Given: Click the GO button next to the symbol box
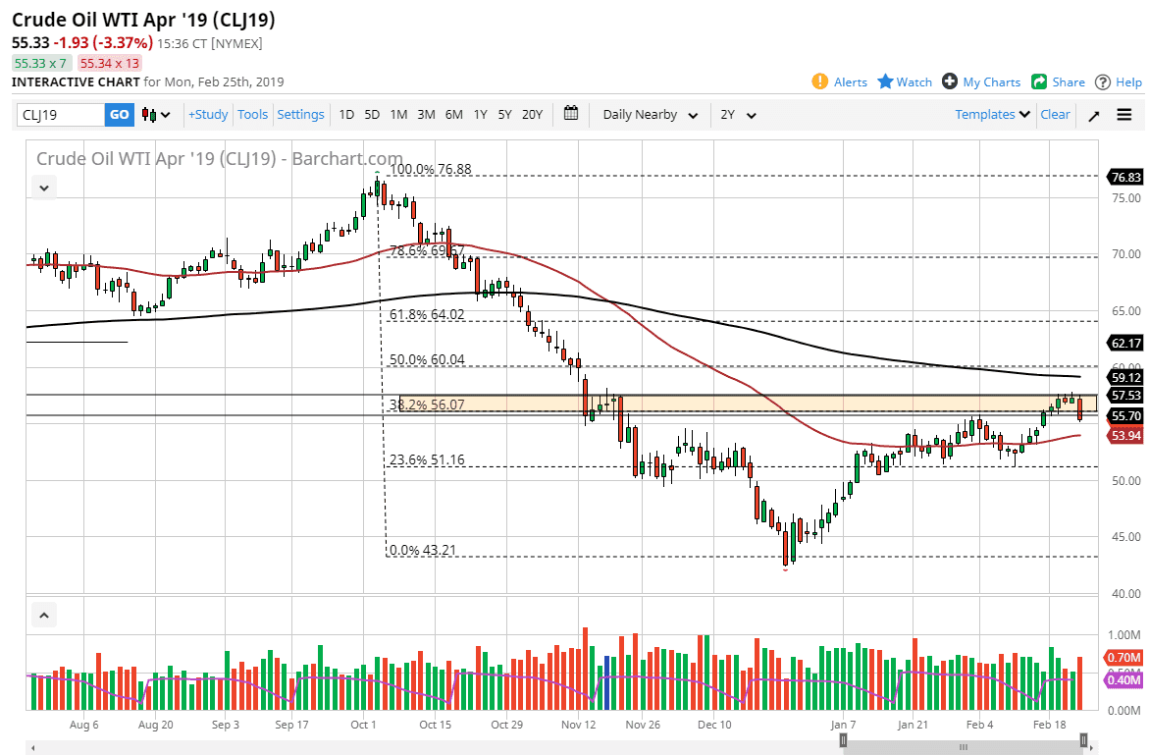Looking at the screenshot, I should pyautogui.click(x=119, y=115).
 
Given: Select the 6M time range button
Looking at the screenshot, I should pyautogui.click(x=453, y=115).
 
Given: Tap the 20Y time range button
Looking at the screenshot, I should pyautogui.click(x=532, y=115).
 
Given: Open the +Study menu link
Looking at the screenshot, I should pyautogui.click(x=208, y=115).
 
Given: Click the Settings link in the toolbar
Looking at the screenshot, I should pyautogui.click(x=300, y=115).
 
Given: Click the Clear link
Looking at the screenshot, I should pyautogui.click(x=1055, y=115).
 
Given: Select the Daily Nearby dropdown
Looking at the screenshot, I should pyautogui.click(x=650, y=115).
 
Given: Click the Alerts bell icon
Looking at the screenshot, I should pyautogui.click(x=820, y=82).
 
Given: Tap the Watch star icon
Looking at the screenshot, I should pyautogui.click(x=885, y=82).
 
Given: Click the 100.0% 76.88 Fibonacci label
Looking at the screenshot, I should pyautogui.click(x=431, y=169).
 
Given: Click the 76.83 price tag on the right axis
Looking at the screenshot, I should pyautogui.click(x=1124, y=178).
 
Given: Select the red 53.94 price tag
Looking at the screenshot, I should pyautogui.click(x=1124, y=436).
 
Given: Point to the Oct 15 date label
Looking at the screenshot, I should pyautogui.click(x=434, y=726).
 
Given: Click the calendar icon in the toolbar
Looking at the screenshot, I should pyautogui.click(x=572, y=114).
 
